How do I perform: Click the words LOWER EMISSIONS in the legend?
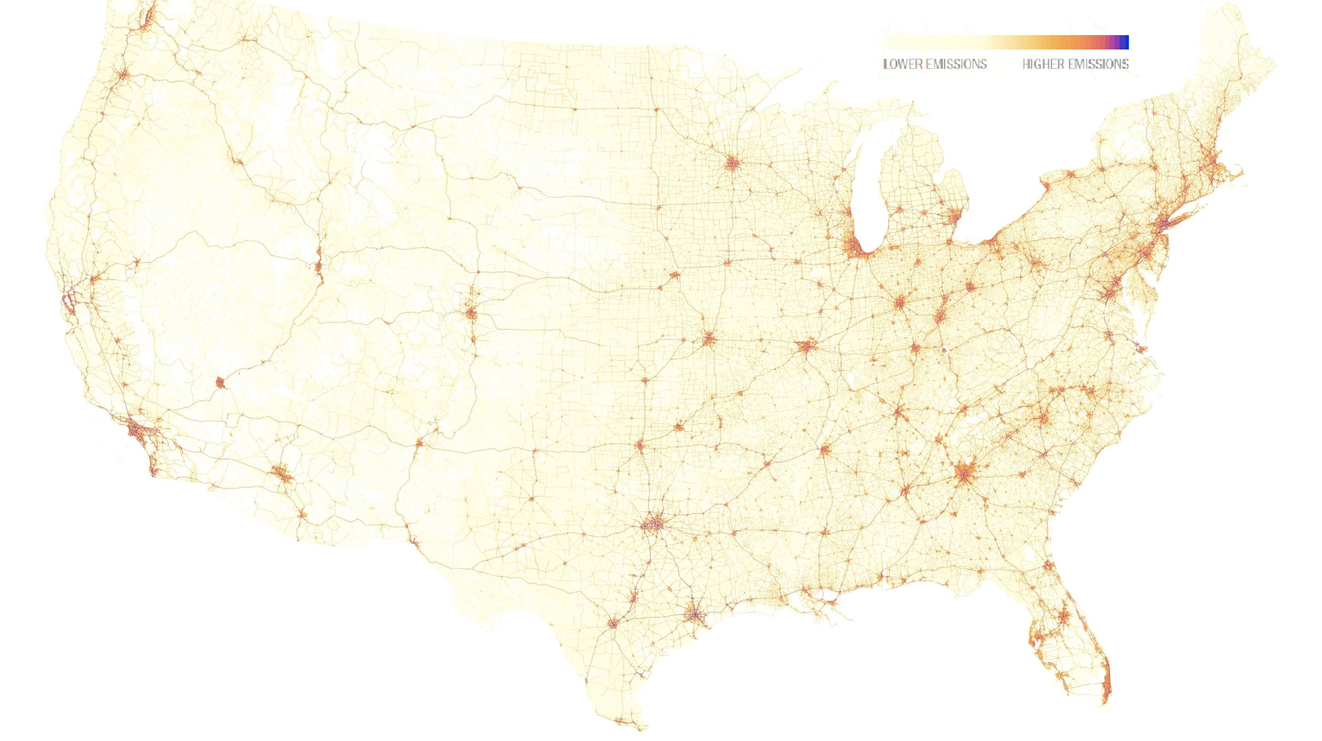[x=934, y=64]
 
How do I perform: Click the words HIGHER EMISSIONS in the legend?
[x=1075, y=64]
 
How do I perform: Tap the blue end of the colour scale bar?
[x=1125, y=42]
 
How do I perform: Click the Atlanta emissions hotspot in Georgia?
[x=965, y=473]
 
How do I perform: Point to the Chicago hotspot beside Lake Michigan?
[x=856, y=247]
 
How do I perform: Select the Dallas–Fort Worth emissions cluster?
[x=653, y=525]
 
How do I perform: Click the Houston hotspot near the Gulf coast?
[x=694, y=614]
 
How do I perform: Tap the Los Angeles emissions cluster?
[x=138, y=431]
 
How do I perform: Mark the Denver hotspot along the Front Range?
[x=471, y=313]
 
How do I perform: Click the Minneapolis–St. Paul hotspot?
[x=732, y=163]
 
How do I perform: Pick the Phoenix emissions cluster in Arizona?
[x=281, y=473]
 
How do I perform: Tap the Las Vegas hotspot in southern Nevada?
[x=220, y=382]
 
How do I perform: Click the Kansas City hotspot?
[x=709, y=339]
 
